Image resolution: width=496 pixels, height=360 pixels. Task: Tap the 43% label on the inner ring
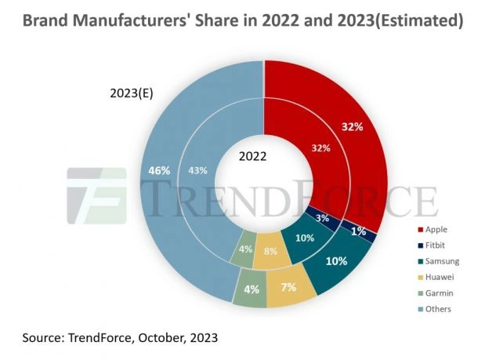click(x=198, y=170)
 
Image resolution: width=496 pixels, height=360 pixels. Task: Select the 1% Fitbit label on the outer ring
click(x=358, y=231)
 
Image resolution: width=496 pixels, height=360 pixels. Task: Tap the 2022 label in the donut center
click(x=250, y=156)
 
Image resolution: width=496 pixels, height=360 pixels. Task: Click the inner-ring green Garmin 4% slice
click(x=245, y=250)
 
